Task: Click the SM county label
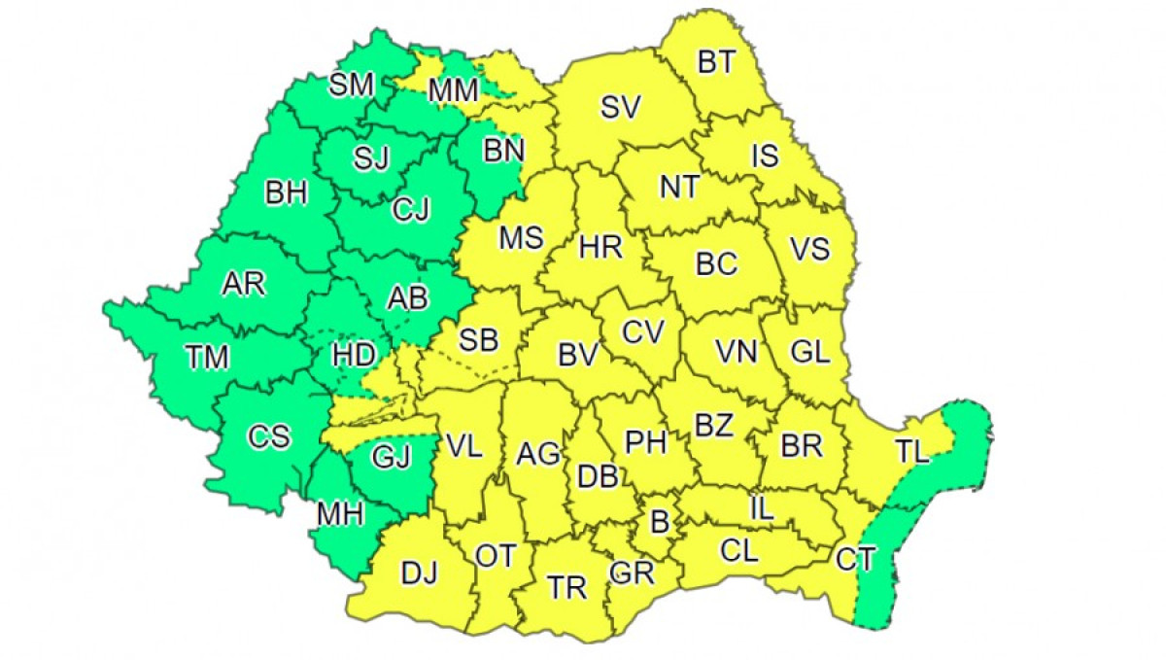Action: point(351,86)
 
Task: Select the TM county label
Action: point(207,358)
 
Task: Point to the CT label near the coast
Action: point(855,559)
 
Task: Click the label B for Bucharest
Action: point(660,523)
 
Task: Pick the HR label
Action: point(600,247)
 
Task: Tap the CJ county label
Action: point(410,209)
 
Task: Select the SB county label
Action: point(478,339)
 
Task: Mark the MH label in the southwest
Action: point(337,515)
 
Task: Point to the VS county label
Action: point(809,249)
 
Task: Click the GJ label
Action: point(392,455)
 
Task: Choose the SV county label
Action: point(620,108)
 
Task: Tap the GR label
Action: point(632,573)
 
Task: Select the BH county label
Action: point(286,193)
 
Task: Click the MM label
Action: point(453,90)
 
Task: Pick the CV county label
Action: point(642,332)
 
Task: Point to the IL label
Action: point(762,507)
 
